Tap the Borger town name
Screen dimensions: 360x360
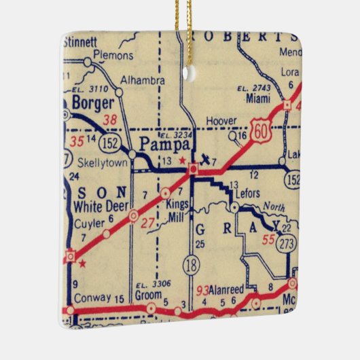pyautogui.click(x=90, y=105)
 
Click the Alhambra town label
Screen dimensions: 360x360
pyautogui.click(x=142, y=80)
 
